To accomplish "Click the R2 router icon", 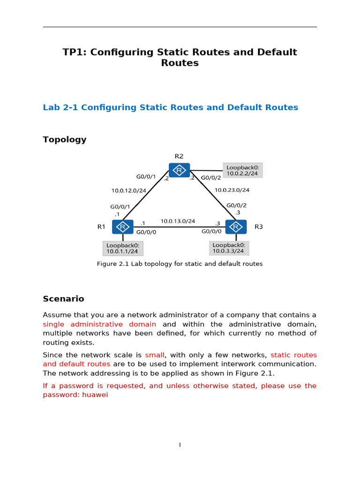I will (180, 170).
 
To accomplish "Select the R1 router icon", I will (123, 227).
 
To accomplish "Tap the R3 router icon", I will (236, 227).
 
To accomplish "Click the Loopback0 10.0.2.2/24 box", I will (242, 170).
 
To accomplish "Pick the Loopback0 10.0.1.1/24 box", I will (122, 248).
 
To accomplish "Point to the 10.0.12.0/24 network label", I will (129, 191).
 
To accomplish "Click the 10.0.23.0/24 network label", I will (232, 190).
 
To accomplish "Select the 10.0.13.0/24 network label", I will (178, 221).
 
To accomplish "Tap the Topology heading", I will (65, 140).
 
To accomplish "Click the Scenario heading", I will (63, 299).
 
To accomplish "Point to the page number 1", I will (180, 445).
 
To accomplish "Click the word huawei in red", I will (95, 395).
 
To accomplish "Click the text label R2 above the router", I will (179, 157).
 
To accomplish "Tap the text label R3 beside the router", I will (259, 227).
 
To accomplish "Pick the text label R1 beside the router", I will (101, 227).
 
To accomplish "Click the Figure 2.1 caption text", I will (180, 264).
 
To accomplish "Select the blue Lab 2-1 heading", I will (170, 107).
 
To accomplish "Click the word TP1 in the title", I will (74, 52).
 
